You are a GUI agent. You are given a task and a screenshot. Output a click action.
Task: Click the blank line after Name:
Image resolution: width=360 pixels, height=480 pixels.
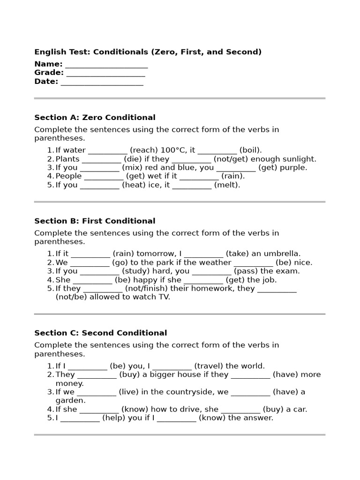tap(106, 65)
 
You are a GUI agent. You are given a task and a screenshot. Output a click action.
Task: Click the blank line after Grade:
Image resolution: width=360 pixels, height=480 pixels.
tap(105, 73)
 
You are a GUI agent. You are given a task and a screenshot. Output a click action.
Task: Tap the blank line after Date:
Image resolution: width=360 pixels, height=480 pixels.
tap(102, 82)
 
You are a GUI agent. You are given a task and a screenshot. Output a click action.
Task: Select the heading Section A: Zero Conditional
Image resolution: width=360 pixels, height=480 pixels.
tap(95, 118)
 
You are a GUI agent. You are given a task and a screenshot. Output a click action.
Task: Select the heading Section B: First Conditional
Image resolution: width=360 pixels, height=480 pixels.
tap(95, 221)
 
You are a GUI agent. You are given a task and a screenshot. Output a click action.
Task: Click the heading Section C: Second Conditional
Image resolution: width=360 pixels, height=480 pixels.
tap(100, 333)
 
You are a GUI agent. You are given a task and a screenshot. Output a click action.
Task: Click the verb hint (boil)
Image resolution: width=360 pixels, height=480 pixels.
tap(250, 150)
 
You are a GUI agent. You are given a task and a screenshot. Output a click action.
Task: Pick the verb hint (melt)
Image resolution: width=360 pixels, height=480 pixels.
tap(227, 185)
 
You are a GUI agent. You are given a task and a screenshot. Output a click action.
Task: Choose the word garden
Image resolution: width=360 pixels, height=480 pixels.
tap(70, 401)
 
